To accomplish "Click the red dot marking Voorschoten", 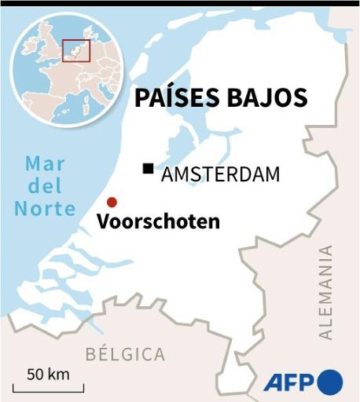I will coord(112,202).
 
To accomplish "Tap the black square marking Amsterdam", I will coord(148,169).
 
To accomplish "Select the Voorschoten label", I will coord(158,222).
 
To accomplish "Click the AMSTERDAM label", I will coord(220,174).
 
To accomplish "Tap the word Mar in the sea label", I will coord(45,165).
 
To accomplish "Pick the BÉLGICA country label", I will coord(125,354).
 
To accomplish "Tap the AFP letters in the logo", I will coord(288,382).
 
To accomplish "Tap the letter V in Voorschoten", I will coord(103,222).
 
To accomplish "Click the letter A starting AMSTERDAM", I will coord(167,174).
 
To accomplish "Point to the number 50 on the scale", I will coord(35,374).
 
